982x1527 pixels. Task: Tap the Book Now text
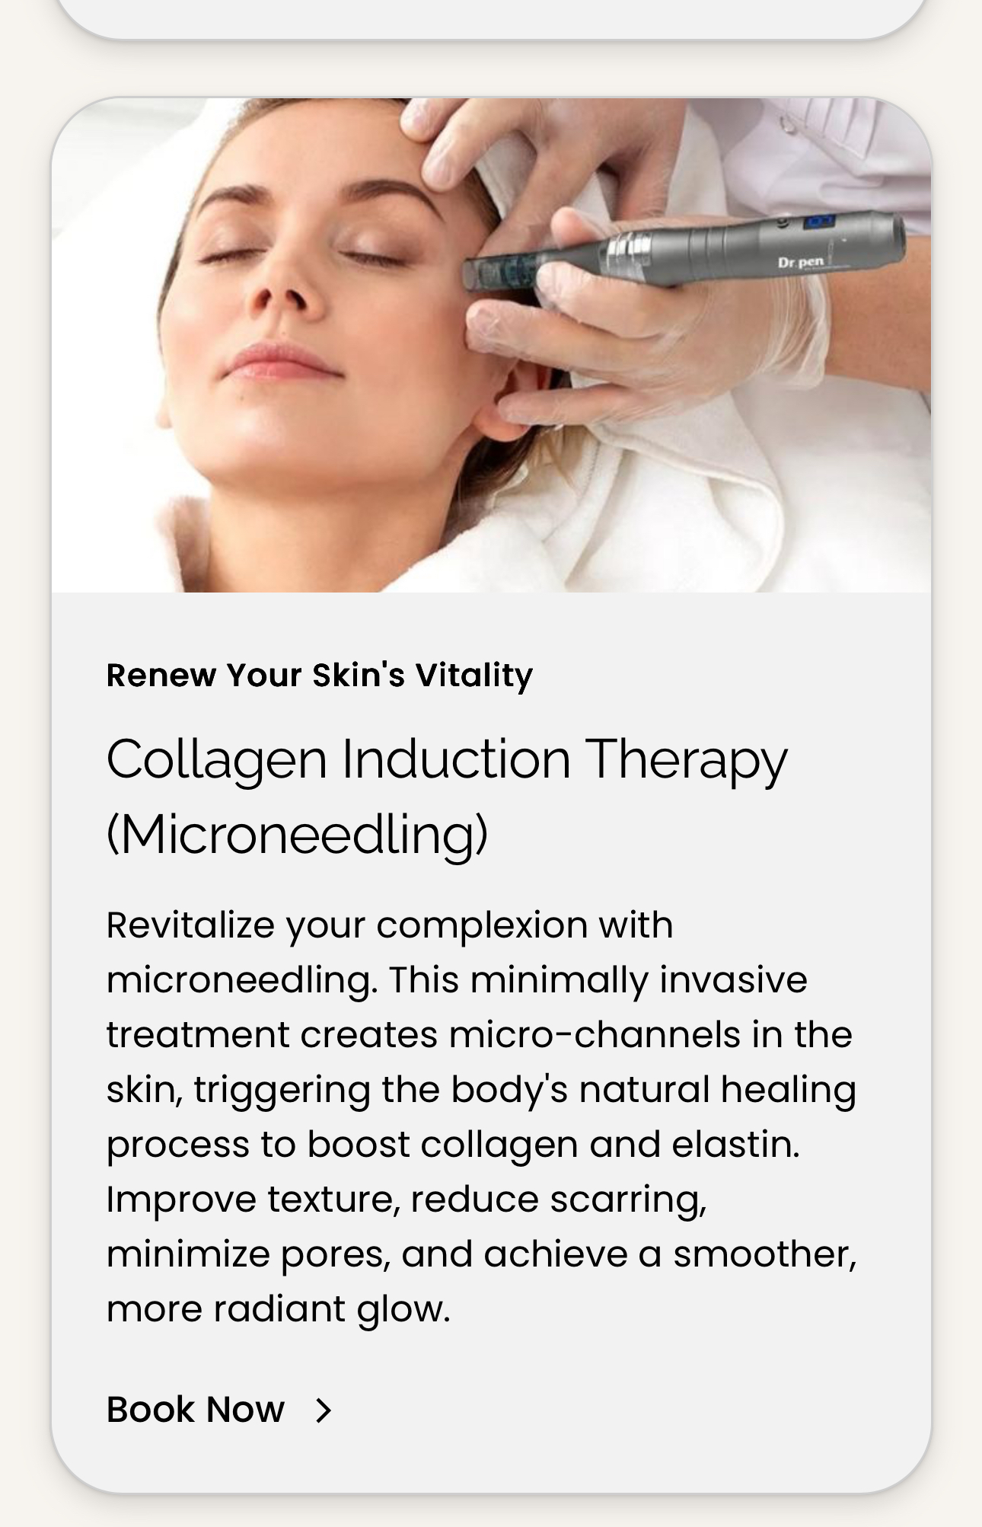point(196,1410)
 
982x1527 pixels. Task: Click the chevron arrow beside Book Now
point(324,1410)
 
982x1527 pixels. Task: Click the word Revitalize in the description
point(190,925)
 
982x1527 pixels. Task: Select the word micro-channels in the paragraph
point(595,1035)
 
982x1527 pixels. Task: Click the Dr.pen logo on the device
point(801,263)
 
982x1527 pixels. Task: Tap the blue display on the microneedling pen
point(820,222)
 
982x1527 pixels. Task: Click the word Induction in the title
point(456,760)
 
